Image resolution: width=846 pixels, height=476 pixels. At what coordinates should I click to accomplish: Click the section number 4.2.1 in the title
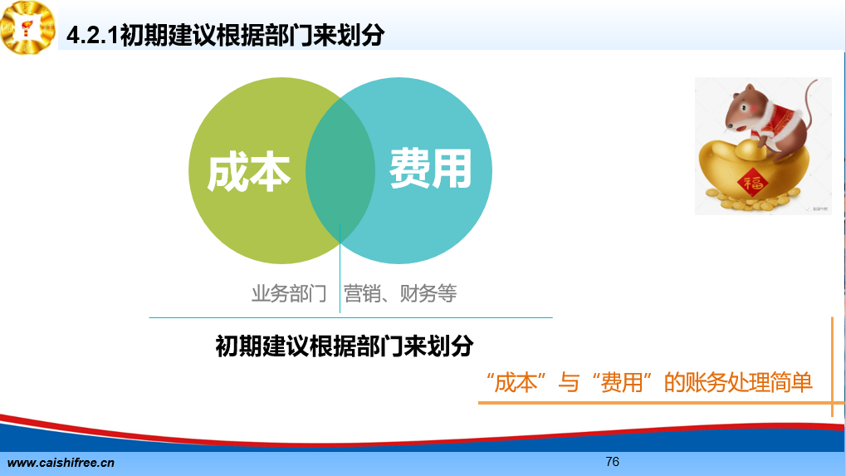pos(92,36)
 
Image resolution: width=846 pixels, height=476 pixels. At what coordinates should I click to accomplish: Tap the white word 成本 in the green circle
pos(249,172)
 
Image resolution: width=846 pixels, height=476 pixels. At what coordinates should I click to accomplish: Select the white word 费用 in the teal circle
pos(431,169)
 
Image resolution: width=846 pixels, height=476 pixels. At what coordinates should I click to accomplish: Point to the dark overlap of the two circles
pos(340,170)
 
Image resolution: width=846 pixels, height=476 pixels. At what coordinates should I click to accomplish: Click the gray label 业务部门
pos(289,293)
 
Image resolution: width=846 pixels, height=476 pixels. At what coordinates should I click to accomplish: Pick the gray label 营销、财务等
pos(400,293)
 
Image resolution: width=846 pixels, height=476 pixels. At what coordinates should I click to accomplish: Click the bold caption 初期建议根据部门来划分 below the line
pos(345,346)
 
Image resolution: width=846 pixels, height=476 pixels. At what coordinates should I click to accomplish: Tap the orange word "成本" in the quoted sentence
pos(516,382)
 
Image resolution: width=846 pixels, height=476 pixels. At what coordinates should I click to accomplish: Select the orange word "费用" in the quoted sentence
pos(622,382)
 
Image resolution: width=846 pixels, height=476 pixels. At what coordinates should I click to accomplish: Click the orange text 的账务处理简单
pos(738,382)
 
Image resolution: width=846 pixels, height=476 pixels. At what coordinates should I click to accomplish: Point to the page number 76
pos(613,461)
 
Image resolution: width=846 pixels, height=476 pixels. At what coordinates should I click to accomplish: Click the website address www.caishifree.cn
pos(61,463)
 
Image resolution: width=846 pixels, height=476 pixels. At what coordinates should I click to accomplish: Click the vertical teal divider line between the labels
pos(340,268)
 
